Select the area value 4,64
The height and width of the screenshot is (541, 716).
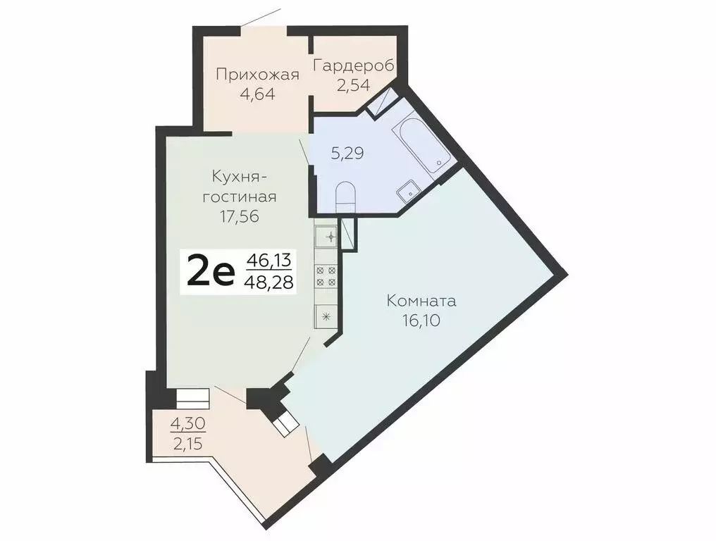point(257,94)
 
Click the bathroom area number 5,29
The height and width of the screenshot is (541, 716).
point(347,153)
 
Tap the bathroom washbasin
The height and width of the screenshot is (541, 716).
point(408,191)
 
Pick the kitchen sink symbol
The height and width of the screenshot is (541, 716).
point(327,235)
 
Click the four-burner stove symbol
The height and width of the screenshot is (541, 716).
point(327,276)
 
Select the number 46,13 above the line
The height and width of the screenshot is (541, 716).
point(268,261)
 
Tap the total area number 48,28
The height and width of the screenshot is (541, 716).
point(268,283)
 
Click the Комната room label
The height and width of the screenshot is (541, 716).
point(421,301)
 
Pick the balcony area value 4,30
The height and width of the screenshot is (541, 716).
point(187,425)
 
